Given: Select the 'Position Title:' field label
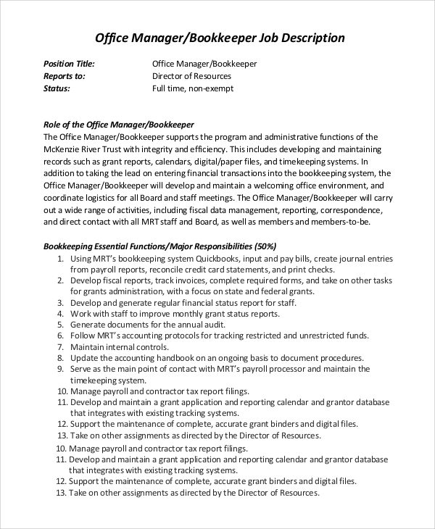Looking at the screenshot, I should [x=69, y=64].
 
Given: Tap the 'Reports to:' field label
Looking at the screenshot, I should [x=65, y=76].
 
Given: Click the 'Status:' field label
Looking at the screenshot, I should [x=57, y=88].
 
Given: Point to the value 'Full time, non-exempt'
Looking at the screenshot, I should [x=193, y=88].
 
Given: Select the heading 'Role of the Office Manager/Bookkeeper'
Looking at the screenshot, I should [x=119, y=124].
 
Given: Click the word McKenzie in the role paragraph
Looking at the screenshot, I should [x=62, y=149].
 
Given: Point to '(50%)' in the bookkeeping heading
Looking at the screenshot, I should [x=262, y=246].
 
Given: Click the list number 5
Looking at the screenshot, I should [x=59, y=325].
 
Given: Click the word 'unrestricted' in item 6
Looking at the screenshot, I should [x=320, y=336].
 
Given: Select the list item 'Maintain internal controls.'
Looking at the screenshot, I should [x=120, y=347].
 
